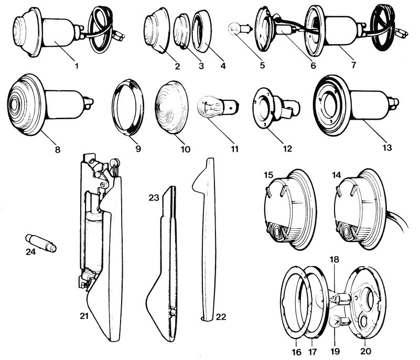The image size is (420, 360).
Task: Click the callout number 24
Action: point(32,251)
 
